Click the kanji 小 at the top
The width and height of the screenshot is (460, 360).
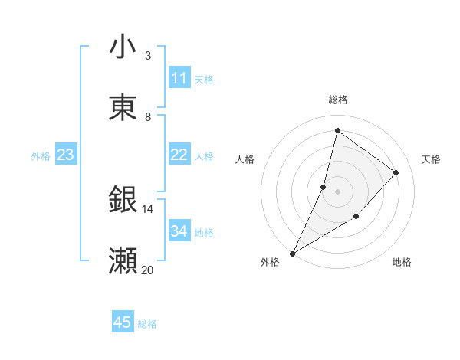tap(123, 47)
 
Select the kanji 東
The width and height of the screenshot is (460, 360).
tap(123, 108)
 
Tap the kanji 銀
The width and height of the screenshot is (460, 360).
tap(123, 200)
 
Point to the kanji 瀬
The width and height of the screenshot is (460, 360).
tap(123, 261)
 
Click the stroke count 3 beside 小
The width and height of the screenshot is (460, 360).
tap(148, 55)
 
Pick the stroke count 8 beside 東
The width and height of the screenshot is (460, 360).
tap(148, 116)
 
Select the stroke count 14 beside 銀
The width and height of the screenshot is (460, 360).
tap(147, 208)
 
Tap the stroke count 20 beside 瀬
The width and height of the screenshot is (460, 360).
tap(147, 270)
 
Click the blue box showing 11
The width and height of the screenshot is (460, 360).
tap(179, 78)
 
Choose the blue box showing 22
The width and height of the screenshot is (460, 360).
tap(179, 155)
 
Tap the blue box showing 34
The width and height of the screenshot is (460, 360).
tap(179, 231)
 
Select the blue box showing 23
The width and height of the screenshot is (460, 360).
tap(65, 155)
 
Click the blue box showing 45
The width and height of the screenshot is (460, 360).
tap(123, 322)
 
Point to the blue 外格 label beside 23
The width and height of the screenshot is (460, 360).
tap(41, 156)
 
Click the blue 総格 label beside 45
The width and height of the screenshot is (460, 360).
tap(147, 324)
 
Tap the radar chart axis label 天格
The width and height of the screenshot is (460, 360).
tap(432, 159)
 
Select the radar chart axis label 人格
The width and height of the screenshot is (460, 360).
tap(245, 159)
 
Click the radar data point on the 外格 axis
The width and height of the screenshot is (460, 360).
tap(293, 253)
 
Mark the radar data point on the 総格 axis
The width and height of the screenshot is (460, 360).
tap(337, 130)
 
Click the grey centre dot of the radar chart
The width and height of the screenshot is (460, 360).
tap(337, 191)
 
